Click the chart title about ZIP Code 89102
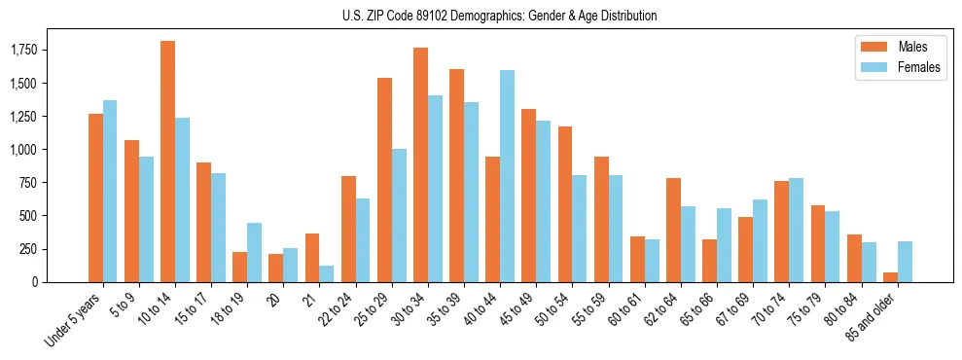500,16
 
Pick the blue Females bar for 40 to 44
507,176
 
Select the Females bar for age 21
326,273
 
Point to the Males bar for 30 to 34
420,164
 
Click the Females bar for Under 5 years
110,191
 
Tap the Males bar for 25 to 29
384,180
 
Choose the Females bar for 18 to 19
254,252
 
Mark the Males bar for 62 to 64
673,230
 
